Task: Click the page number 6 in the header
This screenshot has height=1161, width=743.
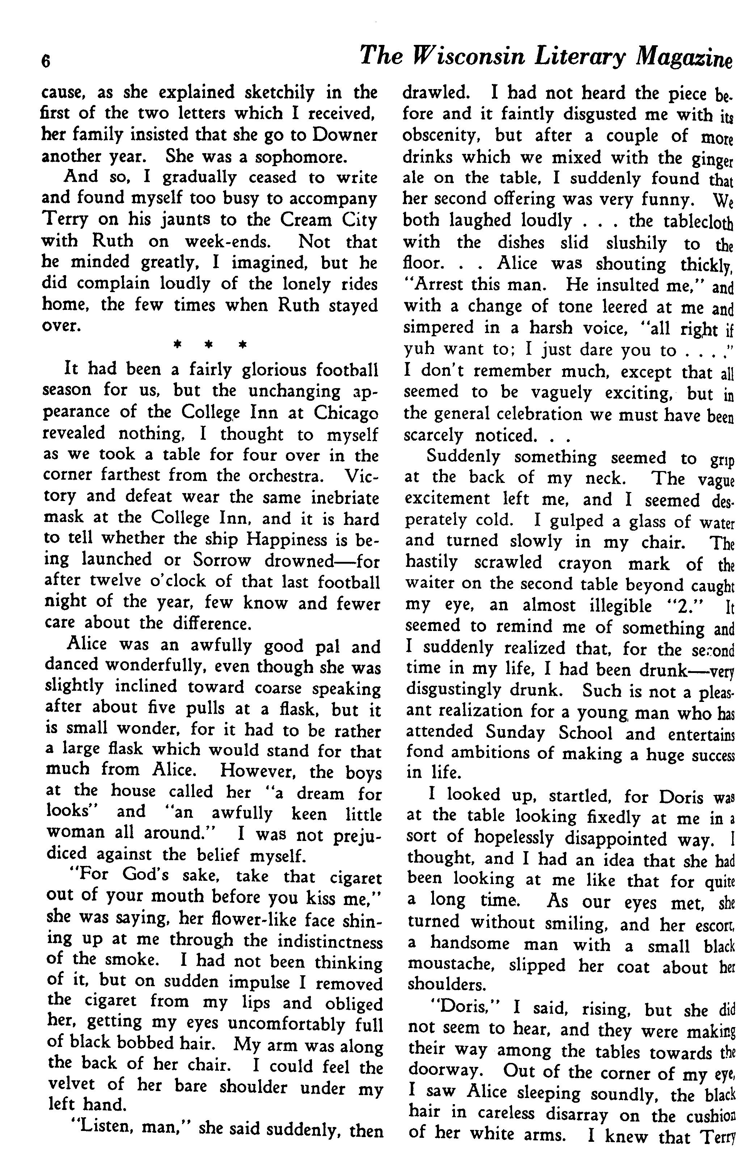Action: coord(46,62)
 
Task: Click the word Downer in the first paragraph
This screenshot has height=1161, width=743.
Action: coord(345,135)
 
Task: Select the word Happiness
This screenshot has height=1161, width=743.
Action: coord(287,539)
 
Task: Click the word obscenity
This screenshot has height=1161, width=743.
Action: coord(441,136)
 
